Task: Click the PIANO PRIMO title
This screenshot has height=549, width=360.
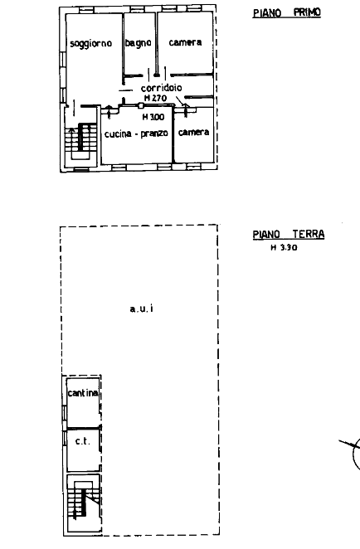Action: (287, 12)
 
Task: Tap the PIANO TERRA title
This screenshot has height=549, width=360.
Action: (289, 234)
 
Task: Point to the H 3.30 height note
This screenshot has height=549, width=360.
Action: (284, 247)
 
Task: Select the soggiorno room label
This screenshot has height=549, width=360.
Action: (91, 44)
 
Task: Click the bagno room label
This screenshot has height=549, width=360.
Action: (139, 43)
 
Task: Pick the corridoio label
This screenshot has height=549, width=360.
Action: (162, 88)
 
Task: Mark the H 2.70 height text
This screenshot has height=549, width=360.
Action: (155, 99)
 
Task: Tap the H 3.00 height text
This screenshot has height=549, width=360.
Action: (153, 117)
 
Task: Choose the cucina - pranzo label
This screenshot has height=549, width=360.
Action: (136, 134)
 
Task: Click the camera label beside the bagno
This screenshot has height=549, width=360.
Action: (185, 42)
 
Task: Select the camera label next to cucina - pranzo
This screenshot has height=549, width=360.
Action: (193, 132)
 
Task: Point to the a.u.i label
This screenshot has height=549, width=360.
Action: (142, 309)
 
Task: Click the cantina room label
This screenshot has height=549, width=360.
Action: (83, 393)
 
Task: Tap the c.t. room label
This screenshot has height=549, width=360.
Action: (83, 441)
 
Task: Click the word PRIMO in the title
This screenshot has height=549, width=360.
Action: (307, 12)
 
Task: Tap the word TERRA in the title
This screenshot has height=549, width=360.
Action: (309, 234)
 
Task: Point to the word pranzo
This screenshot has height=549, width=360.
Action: (154, 134)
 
